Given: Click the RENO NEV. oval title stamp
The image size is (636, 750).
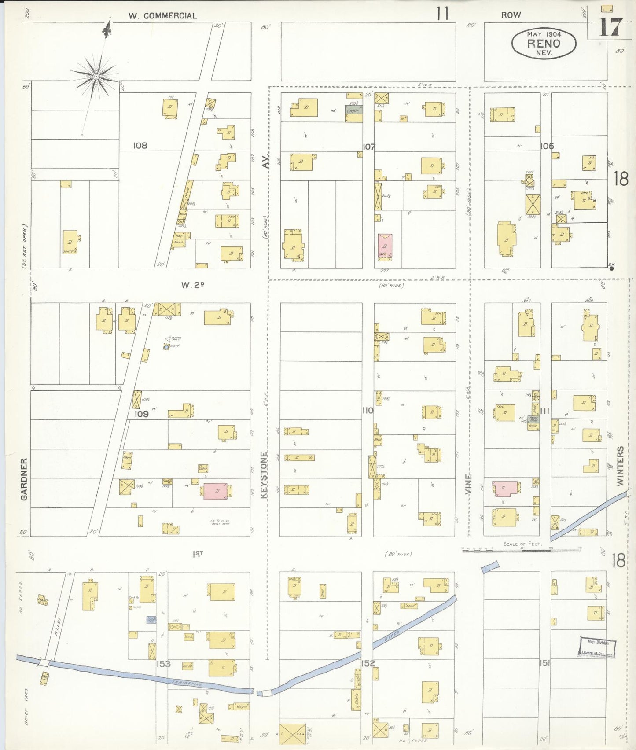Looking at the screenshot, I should pyautogui.click(x=544, y=43).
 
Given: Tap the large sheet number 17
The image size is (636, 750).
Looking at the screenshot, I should pyautogui.click(x=611, y=27).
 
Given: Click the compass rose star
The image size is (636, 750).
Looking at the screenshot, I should pyautogui.click(x=96, y=77).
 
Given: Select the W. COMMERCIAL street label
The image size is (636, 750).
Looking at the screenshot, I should pyautogui.click(x=162, y=16).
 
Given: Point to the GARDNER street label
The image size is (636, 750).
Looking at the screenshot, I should pyautogui.click(x=24, y=479).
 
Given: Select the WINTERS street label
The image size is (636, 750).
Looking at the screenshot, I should pyautogui.click(x=620, y=466).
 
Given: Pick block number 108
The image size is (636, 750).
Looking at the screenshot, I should pyautogui.click(x=140, y=145).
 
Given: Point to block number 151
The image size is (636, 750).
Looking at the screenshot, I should pyautogui.click(x=544, y=663).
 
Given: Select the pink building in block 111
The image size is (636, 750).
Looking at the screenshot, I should pyautogui.click(x=505, y=488).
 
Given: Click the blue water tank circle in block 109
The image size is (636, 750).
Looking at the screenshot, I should pyautogui.click(x=166, y=347).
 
